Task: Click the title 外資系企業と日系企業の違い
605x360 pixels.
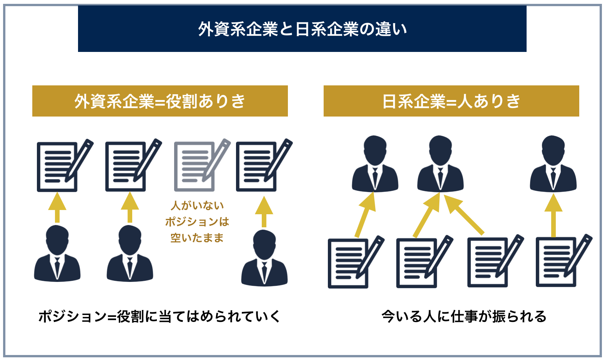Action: [302, 29]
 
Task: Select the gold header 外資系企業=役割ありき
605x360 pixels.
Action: [160, 101]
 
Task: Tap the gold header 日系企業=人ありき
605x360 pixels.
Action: [451, 101]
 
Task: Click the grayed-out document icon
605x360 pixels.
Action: [194, 167]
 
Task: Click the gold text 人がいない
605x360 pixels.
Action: [197, 205]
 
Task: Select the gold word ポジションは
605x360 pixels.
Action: [197, 222]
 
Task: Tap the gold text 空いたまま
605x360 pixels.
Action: [197, 238]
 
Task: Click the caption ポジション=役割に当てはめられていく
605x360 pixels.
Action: [159, 317]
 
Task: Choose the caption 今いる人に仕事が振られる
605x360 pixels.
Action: [464, 317]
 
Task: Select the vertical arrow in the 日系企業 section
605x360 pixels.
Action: [553, 215]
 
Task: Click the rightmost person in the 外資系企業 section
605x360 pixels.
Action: [264, 258]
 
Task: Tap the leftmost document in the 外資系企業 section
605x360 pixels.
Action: [57, 167]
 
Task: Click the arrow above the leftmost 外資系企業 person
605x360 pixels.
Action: [57, 208]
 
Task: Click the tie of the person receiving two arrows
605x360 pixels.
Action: [440, 178]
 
